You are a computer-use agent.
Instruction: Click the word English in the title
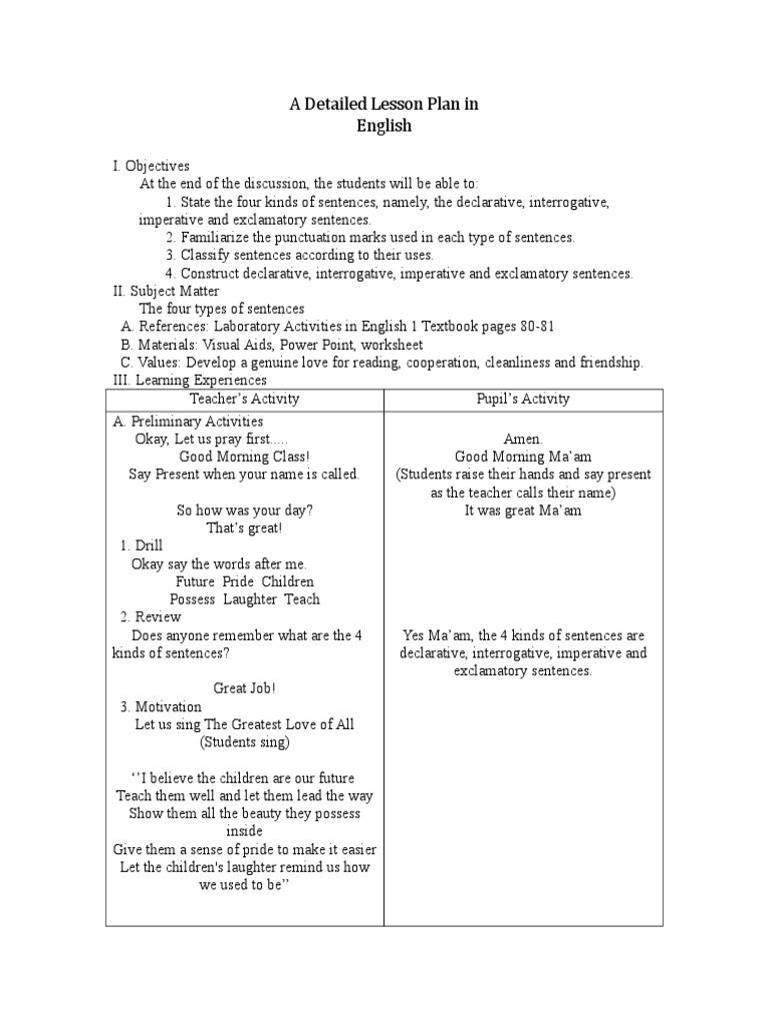[384, 127]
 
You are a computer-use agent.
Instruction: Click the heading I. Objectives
[151, 166]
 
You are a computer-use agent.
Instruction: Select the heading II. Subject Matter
[167, 291]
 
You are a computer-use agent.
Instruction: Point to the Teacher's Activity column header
[244, 399]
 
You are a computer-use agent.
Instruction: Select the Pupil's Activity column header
[523, 399]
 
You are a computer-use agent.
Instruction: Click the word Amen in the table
[523, 439]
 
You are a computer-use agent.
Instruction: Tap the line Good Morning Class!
[244, 457]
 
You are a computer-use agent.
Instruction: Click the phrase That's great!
[244, 527]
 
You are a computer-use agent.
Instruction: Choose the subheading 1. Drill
[141, 545]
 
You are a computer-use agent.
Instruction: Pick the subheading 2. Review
[150, 616]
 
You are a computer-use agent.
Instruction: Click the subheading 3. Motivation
[160, 706]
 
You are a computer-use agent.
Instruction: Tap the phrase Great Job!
[244, 688]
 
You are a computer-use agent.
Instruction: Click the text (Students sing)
[244, 742]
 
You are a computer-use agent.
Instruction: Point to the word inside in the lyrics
[244, 831]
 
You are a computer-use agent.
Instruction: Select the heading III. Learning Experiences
[190, 381]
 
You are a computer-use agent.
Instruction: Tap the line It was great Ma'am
[523, 511]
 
